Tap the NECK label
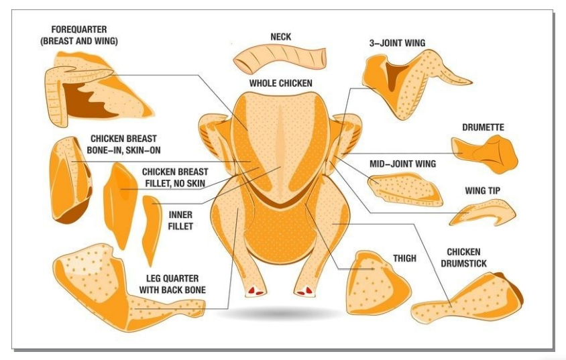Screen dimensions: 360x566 280,37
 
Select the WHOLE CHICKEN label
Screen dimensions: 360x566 281,83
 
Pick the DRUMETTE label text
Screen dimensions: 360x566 483,127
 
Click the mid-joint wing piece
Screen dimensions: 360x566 406,189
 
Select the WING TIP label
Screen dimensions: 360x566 482,190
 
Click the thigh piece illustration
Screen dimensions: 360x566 376,284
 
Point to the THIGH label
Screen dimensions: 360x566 404,258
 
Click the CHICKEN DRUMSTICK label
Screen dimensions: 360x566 463,257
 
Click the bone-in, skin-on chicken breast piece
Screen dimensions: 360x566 70,178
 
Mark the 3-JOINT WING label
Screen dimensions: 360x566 397,43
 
